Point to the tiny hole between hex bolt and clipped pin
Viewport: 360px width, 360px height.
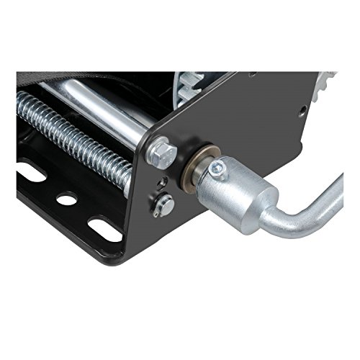pyautogui.click(x=164, y=181)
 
